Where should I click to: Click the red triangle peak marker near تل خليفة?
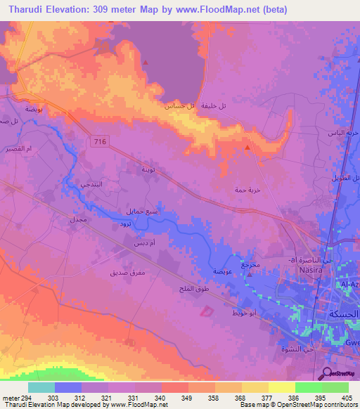247,148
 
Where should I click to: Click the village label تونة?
149,169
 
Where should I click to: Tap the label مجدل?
77,220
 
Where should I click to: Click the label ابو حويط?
245,312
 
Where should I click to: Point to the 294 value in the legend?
27,397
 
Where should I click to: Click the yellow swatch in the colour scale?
281,387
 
